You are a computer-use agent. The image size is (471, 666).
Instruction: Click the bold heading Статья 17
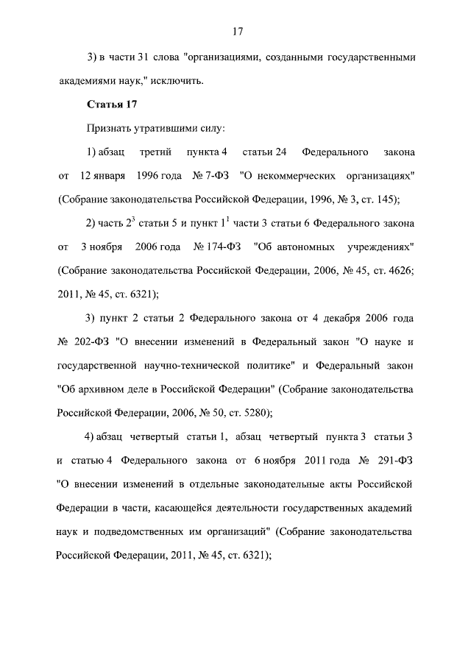[107, 104]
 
